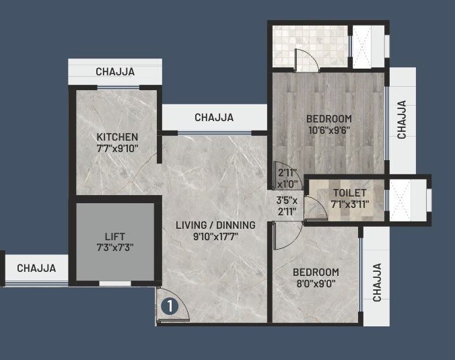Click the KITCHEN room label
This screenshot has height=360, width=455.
pyautogui.click(x=116, y=137)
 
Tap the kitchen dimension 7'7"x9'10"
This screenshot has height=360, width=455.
pyautogui.click(x=116, y=148)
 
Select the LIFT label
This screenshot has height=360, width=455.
pyautogui.click(x=114, y=237)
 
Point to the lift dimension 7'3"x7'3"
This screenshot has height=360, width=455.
pyautogui.click(x=114, y=248)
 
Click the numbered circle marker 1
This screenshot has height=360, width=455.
pyautogui.click(x=169, y=306)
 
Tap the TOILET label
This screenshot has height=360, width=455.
pyautogui.click(x=350, y=193)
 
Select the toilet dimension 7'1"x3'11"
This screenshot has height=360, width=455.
pyautogui.click(x=350, y=204)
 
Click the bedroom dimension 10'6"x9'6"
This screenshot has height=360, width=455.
pyautogui.click(x=329, y=130)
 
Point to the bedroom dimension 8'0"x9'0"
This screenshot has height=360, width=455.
pyautogui.click(x=315, y=284)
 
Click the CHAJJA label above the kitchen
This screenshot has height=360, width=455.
pyautogui.click(x=114, y=71)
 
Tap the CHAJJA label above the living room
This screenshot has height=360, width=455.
pyautogui.click(x=214, y=117)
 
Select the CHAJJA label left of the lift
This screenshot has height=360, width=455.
pyautogui.click(x=36, y=268)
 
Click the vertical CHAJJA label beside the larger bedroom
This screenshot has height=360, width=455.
pyautogui.click(x=402, y=120)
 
